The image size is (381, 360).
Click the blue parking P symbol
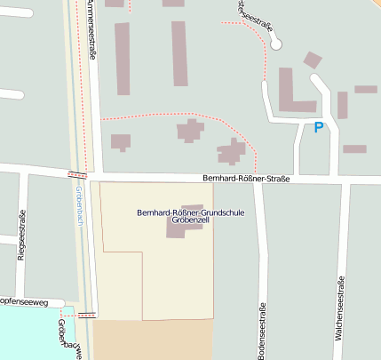pos(319,128)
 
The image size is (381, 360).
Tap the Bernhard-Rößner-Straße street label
pos(245,179)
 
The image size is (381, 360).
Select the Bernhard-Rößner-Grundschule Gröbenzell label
pos(190,218)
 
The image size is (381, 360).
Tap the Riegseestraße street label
pos(21,233)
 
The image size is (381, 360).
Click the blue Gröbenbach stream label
pos(78,206)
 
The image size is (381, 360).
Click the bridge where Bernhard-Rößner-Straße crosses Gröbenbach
pos(77,173)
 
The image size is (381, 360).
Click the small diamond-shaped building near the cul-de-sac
pos(312,60)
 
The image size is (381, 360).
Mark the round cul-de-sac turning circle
pos(276,43)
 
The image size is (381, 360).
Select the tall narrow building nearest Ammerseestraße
pos(123,59)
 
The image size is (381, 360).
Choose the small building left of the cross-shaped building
pos(120,141)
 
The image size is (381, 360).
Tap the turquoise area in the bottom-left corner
pos(27,333)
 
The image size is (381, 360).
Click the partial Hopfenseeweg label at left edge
pos(27,301)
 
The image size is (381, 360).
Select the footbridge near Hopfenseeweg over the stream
pos(86,314)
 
